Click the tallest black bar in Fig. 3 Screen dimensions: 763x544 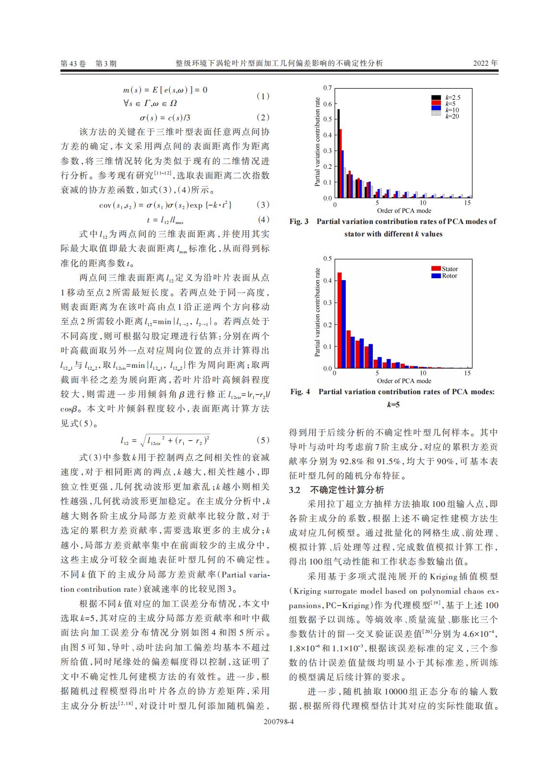[338, 153]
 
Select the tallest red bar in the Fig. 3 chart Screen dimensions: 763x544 [341, 164]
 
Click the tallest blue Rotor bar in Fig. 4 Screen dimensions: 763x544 [343, 324]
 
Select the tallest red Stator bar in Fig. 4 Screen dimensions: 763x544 [339, 320]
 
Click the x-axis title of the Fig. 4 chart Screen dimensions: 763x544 [404, 381]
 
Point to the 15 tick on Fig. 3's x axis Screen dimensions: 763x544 [468, 203]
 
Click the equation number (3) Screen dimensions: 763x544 [263, 205]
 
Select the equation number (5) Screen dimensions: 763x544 [263, 440]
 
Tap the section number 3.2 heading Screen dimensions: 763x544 [295, 490]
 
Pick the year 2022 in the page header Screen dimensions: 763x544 [480, 63]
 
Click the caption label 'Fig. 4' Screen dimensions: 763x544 [300, 392]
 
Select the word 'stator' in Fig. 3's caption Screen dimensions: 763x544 [355, 234]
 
